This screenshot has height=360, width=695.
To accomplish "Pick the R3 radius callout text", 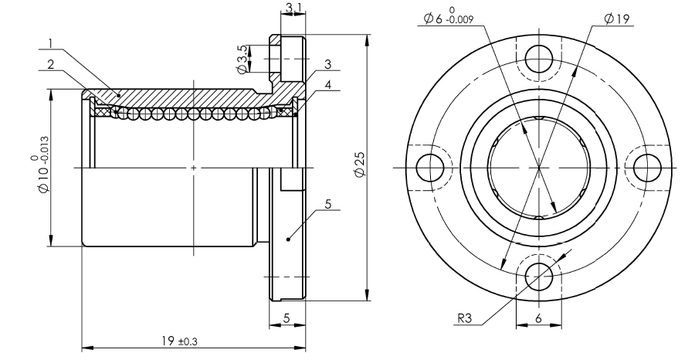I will point(463,318).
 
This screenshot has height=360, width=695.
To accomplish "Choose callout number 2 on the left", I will point(50,65).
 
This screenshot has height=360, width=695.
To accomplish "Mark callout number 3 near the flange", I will point(328,64).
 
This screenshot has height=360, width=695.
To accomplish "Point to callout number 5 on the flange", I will point(327,204).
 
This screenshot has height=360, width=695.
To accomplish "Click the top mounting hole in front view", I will point(537,56).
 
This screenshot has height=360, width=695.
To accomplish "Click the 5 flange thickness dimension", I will point(286,318).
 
